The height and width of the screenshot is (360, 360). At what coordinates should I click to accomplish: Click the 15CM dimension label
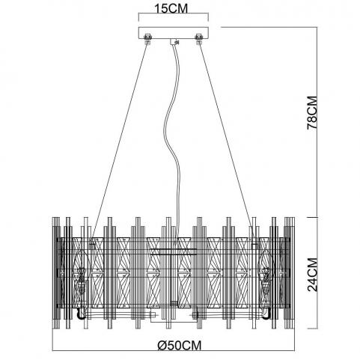171,8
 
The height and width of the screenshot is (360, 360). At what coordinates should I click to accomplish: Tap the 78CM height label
312,112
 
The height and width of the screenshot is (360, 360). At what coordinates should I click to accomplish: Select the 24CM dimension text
312,275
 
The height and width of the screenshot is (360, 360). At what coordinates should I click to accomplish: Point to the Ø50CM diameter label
180,346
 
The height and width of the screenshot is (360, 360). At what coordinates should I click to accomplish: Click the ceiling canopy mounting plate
174,33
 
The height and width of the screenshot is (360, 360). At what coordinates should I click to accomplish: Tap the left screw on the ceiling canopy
147,39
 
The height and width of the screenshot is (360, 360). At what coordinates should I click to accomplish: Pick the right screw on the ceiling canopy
199,39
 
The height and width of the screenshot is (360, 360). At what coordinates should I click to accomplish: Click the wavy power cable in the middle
171,140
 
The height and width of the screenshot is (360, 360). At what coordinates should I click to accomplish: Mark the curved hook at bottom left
81,315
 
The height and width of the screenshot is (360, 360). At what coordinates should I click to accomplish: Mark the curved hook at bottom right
267,315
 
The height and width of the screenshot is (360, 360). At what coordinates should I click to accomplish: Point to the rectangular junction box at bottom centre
174,315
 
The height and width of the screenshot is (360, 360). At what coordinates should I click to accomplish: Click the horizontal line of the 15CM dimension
174,14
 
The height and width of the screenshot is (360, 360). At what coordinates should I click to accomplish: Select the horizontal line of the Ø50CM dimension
174,351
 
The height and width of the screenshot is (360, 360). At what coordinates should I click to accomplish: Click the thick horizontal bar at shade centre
174,249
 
